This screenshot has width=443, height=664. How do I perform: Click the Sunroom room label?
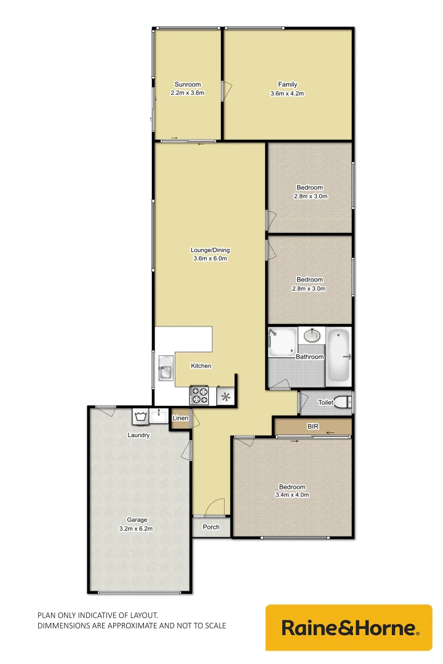coord(188,84)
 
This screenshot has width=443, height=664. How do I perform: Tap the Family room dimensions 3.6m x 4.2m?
coord(287,93)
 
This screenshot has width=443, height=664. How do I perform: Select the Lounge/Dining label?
coord(210,250)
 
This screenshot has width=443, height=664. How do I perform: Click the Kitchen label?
coord(201,366)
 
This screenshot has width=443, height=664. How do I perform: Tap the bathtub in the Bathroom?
coord(338,356)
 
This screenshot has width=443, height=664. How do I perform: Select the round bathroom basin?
coord(313,335)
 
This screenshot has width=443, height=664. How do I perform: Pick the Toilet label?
coord(325,403)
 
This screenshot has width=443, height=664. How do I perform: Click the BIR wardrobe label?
coord(312,425)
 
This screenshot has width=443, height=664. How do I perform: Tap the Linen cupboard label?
coord(180,419)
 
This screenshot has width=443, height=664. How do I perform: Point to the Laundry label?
coord(138,435)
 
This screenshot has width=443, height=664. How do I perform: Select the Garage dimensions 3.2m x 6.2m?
coord(136,528)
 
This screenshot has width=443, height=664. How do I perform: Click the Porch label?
coord(211,527)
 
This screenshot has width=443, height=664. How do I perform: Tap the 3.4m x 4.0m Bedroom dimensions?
coord(292,494)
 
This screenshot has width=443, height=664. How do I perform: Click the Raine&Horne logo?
coord(349,628)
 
